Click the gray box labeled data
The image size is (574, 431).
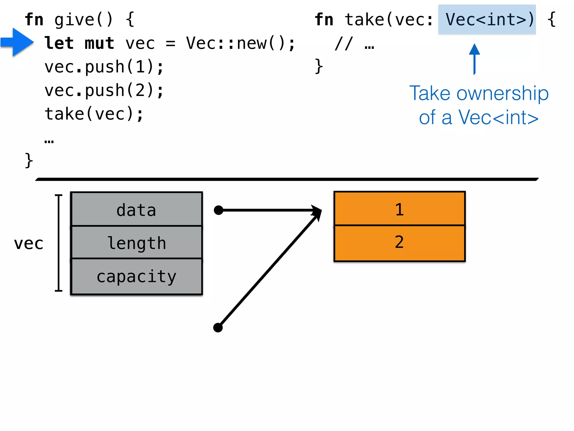[136, 209]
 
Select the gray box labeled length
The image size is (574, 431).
[136, 242]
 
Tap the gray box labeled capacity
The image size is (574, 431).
[136, 276]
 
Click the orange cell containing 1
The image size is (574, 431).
[399, 209]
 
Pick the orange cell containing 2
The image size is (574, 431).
[399, 243]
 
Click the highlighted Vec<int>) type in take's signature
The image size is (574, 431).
[487, 19]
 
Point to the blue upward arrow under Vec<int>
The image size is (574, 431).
[474, 59]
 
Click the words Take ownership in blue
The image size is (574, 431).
[479, 93]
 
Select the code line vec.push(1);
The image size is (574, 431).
[104, 67]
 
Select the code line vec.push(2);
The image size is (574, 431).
[104, 90]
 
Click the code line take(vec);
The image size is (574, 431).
[94, 114]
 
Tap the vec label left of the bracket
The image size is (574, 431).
[29, 243]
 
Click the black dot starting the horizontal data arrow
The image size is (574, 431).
[219, 210]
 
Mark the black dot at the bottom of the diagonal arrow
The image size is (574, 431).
[218, 327]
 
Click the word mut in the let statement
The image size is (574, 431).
[99, 43]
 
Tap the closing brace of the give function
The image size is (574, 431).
[29, 161]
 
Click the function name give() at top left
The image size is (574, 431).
[84, 20]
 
